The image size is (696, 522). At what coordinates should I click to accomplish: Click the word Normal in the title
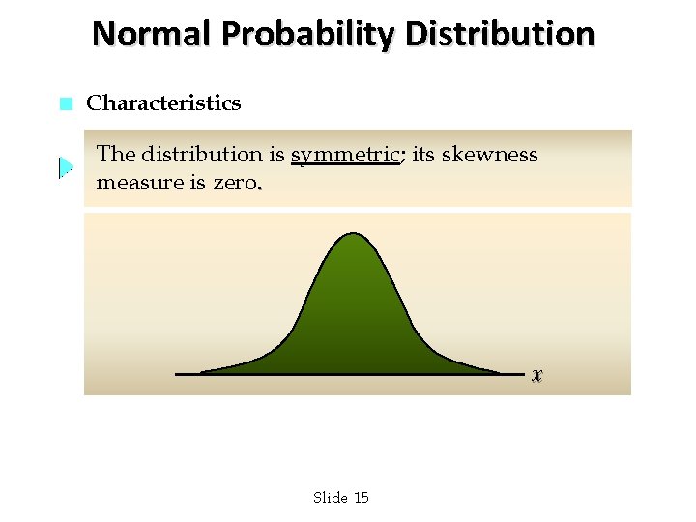tap(152, 34)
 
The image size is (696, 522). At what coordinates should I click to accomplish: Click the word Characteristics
tap(163, 103)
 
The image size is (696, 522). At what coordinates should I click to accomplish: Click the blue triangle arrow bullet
tap(65, 167)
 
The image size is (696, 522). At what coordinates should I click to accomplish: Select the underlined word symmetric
tap(345, 155)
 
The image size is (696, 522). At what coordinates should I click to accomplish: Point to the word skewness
tap(490, 155)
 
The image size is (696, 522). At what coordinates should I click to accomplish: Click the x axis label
tap(537, 374)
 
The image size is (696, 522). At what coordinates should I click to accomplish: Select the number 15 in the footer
tap(362, 498)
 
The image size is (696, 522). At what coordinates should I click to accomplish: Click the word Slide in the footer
tap(330, 498)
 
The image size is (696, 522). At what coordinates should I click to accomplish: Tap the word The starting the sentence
tap(116, 155)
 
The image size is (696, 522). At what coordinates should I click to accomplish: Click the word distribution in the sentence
tap(202, 155)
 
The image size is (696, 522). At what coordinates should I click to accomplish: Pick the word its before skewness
tap(423, 155)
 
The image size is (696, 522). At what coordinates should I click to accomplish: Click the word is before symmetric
tap(276, 155)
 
